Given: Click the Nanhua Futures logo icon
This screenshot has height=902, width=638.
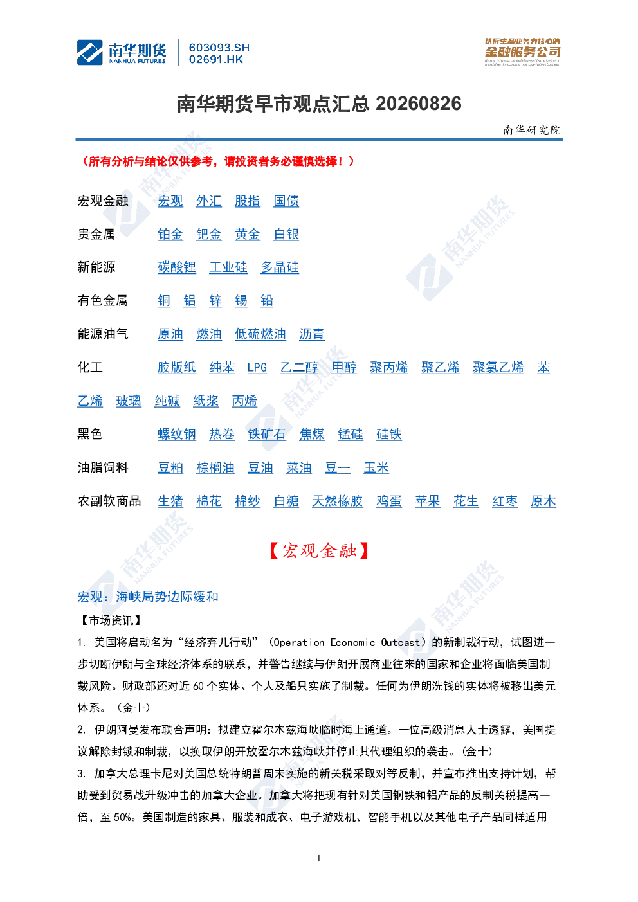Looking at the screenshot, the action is coord(89,52).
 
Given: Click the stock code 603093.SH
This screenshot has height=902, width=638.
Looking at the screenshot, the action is coord(219,48).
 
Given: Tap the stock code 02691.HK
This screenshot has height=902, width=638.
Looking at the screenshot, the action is coord(216,60).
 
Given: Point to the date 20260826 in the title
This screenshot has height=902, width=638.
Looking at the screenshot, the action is coord(419,104).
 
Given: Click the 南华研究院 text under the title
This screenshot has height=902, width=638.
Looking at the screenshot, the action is coord(532,130).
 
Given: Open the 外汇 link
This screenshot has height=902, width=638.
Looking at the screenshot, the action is coord(208,201).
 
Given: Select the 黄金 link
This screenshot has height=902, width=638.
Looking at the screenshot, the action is coord(248,235).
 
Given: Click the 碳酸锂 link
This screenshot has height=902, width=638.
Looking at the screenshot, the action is coord(177,267).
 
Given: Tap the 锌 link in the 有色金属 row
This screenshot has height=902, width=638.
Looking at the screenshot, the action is coord(215,301).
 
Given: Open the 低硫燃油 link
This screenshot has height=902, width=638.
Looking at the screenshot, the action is coord(260,334).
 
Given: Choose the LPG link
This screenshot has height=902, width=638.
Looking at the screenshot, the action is coord(257,368).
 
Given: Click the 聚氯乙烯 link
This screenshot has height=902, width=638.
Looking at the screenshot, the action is coord(498,368).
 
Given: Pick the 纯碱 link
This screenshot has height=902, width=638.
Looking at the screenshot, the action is coord(167,401).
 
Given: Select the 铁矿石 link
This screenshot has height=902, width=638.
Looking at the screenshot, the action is coord(267,435).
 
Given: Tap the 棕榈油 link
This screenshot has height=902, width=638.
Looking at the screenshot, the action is coord(215,468).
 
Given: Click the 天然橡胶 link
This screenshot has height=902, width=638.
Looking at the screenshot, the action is coord(338,501).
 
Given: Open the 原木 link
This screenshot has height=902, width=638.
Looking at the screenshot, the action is coord(543,501).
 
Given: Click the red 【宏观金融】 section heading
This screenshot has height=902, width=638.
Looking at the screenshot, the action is coord(319,550).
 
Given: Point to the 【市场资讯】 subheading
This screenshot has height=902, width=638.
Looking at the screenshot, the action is coord(111,620).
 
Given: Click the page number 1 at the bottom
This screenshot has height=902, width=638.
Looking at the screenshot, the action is coord(319,858).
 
